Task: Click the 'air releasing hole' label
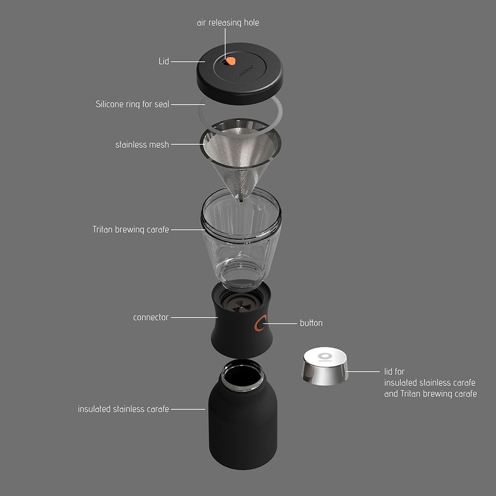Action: point(228,23)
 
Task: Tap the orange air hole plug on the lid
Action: point(231,61)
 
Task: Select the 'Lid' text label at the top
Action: point(164,61)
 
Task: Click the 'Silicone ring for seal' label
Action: point(132,104)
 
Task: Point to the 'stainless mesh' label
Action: point(142,144)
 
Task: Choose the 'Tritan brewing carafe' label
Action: point(130,229)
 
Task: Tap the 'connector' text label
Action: point(151,317)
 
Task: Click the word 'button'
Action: point(311,323)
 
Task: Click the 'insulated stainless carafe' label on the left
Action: point(124,409)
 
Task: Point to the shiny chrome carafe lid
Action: point(325,366)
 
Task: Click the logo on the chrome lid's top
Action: point(325,357)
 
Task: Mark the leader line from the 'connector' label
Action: point(194,317)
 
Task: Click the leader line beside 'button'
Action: point(280,323)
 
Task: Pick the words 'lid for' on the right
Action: point(394,372)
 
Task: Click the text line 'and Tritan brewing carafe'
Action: point(431,394)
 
